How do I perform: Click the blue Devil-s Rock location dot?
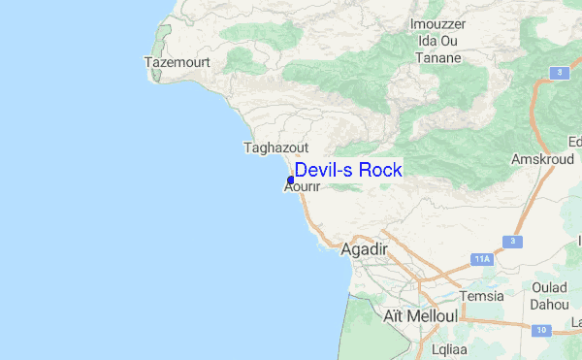(x=291, y=180)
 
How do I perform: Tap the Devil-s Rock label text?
(x=348, y=170)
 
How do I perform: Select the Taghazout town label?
(x=275, y=148)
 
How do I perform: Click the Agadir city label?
(x=365, y=249)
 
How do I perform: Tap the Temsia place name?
(x=482, y=296)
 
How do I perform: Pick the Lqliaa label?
(x=448, y=346)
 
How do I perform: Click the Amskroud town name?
(x=536, y=158)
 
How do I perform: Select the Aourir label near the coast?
(x=302, y=187)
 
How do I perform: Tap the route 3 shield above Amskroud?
(x=560, y=73)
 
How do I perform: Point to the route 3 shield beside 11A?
(x=508, y=241)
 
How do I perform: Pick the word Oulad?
(x=549, y=288)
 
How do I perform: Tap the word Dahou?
(x=549, y=304)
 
